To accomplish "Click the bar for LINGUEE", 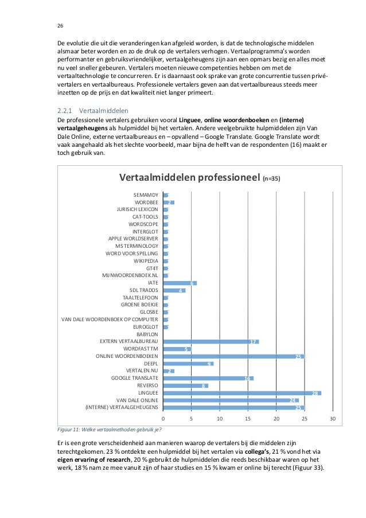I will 242,393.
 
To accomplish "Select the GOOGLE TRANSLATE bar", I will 208,379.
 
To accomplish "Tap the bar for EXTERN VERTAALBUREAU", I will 211,342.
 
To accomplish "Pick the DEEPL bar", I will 188,364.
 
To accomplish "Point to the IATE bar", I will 180,283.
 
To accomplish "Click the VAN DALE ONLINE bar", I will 231,400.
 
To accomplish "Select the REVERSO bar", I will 185,386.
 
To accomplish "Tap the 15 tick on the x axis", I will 248,418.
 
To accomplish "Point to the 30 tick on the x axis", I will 333,418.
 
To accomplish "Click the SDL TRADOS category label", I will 143,290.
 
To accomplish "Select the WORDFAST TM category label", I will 141,349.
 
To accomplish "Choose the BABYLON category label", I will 147,334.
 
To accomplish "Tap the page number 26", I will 60,25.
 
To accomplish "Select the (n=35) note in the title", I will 271,179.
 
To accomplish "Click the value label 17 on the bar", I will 252,342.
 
